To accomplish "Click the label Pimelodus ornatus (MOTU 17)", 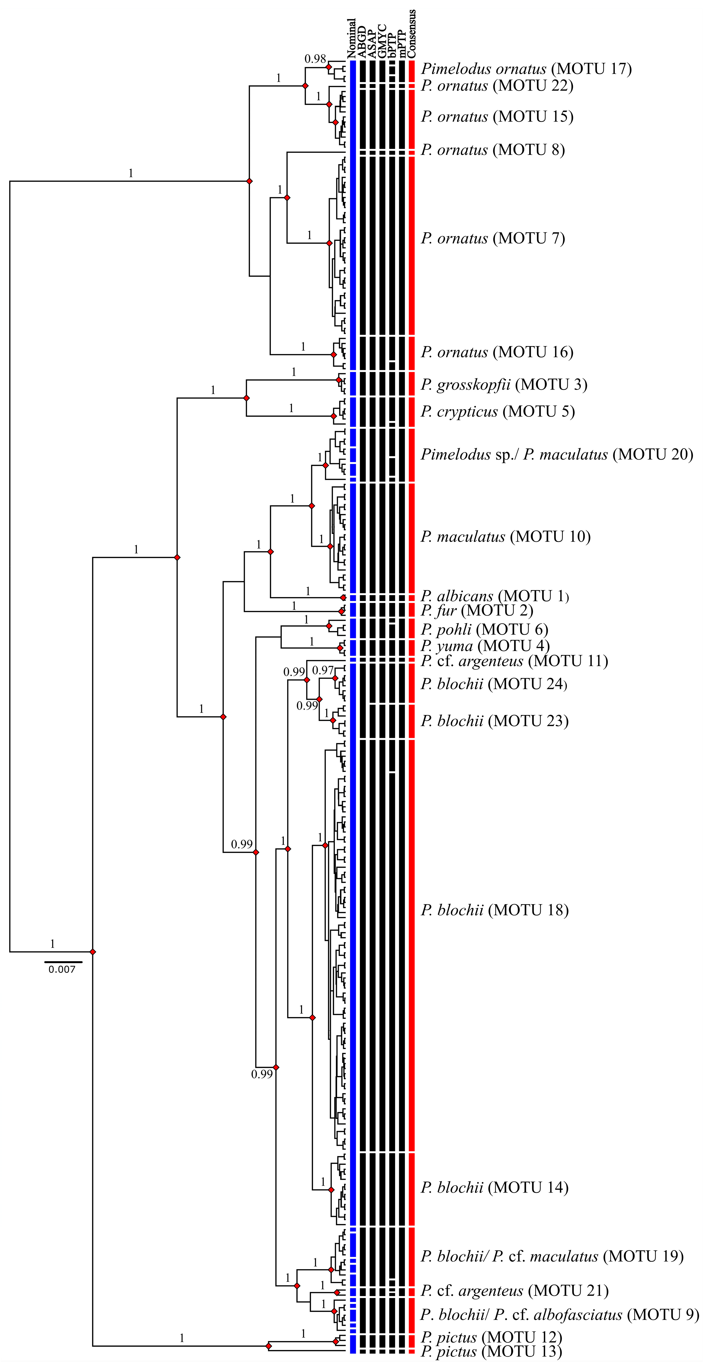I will point(526,69).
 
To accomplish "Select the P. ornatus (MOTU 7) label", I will point(493,238).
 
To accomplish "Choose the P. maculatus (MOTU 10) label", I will point(505,537).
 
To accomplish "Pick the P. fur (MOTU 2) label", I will point(476,611).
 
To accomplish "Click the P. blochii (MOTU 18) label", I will point(494,910).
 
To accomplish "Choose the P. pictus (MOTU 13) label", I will point(491,1352).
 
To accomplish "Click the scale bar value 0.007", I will point(62,970).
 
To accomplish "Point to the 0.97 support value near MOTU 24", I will point(323,671).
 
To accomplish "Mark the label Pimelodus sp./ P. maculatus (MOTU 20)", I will point(557,455).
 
